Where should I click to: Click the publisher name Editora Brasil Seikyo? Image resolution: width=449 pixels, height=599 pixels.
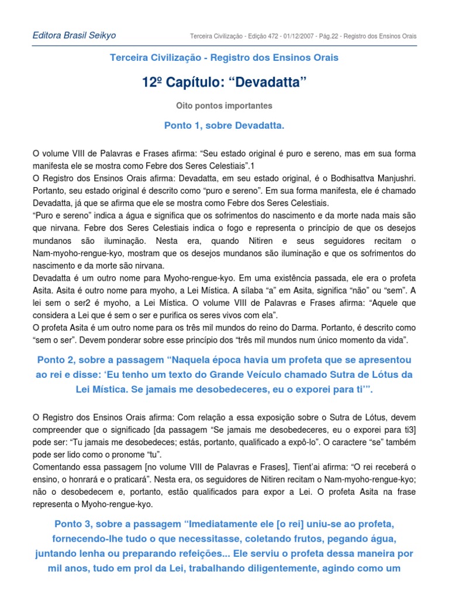(74, 35)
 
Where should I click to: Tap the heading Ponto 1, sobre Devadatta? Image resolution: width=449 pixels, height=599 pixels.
(224, 125)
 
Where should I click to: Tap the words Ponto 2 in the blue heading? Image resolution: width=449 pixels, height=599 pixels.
(57, 359)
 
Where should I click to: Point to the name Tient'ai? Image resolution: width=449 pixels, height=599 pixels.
(286, 467)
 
